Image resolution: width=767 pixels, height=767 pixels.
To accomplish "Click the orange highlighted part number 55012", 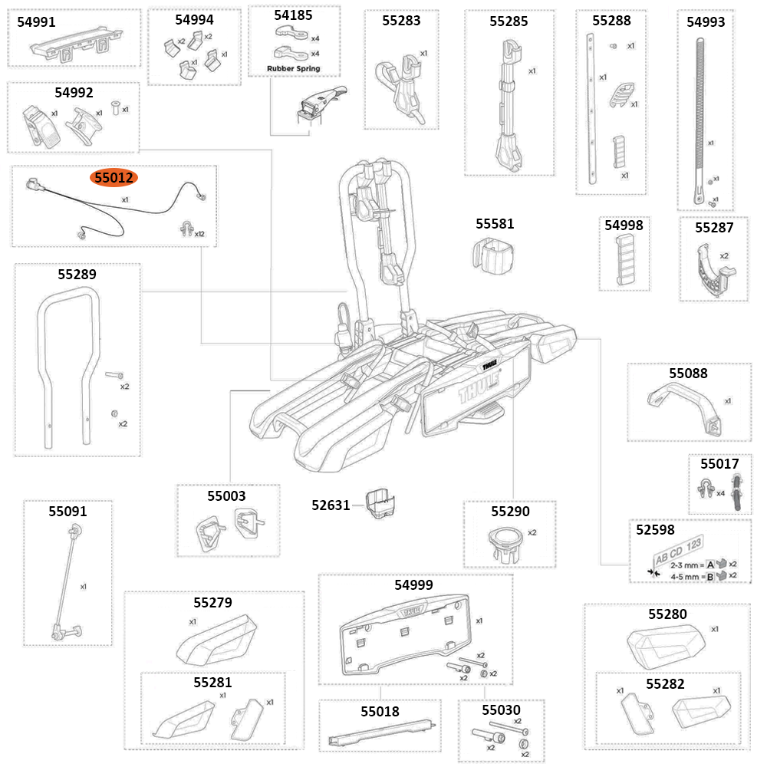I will pyautogui.click(x=114, y=178).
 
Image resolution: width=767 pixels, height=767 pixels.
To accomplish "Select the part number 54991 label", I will pyautogui.click(x=36, y=22).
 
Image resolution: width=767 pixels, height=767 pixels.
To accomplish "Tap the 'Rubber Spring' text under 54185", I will pyautogui.click(x=293, y=68).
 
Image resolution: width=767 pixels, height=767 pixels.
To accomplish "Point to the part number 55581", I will pyautogui.click(x=495, y=224).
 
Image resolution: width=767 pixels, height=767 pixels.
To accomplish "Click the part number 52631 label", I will pyautogui.click(x=331, y=505).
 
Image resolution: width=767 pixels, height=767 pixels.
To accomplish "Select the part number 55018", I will pyautogui.click(x=380, y=711).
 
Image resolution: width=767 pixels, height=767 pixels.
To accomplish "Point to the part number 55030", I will pyautogui.click(x=501, y=710).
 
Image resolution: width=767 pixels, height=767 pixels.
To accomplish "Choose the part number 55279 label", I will pyautogui.click(x=212, y=603).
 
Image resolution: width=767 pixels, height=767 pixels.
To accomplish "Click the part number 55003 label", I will pyautogui.click(x=226, y=495).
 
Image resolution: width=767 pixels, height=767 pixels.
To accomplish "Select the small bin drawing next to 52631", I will pyautogui.click(x=380, y=504).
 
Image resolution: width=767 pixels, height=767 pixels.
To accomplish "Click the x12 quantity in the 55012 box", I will pyautogui.click(x=200, y=233).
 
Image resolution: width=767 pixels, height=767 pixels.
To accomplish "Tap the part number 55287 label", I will pyautogui.click(x=714, y=228).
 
